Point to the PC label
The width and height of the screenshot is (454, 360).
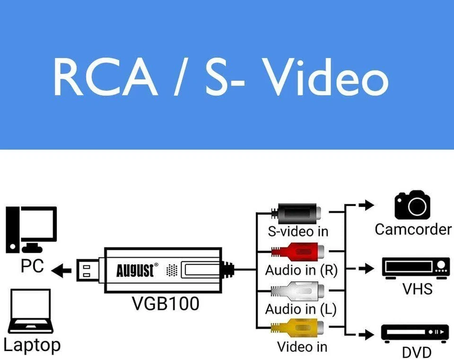pos(32,266)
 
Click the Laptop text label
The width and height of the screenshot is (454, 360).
pos(32,345)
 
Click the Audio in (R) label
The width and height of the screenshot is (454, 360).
pos(301,270)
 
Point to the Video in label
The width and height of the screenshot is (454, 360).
pos(302,346)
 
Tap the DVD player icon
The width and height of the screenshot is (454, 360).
pos(415,333)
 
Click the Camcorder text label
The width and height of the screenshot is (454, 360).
pos(413,229)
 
